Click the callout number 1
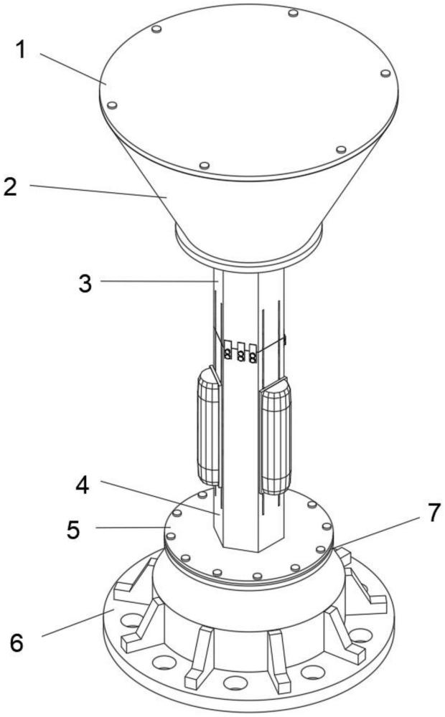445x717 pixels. click(21, 50)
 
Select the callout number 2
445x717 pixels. click(10, 186)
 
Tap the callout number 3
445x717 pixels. click(85, 283)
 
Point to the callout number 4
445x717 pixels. click(83, 485)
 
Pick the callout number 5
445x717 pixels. click(73, 530)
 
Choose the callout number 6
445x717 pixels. click(17, 643)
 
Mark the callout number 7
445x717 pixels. click(434, 512)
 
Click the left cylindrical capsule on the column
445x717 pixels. click(209, 427)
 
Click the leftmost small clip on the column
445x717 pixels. click(228, 350)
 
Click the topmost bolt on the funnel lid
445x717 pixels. click(294, 13)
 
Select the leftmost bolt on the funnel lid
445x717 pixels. click(112, 105)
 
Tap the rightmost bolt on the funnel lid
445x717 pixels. click(385, 73)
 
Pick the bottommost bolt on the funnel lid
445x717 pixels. click(205, 165)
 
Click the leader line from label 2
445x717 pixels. click(98, 191)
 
